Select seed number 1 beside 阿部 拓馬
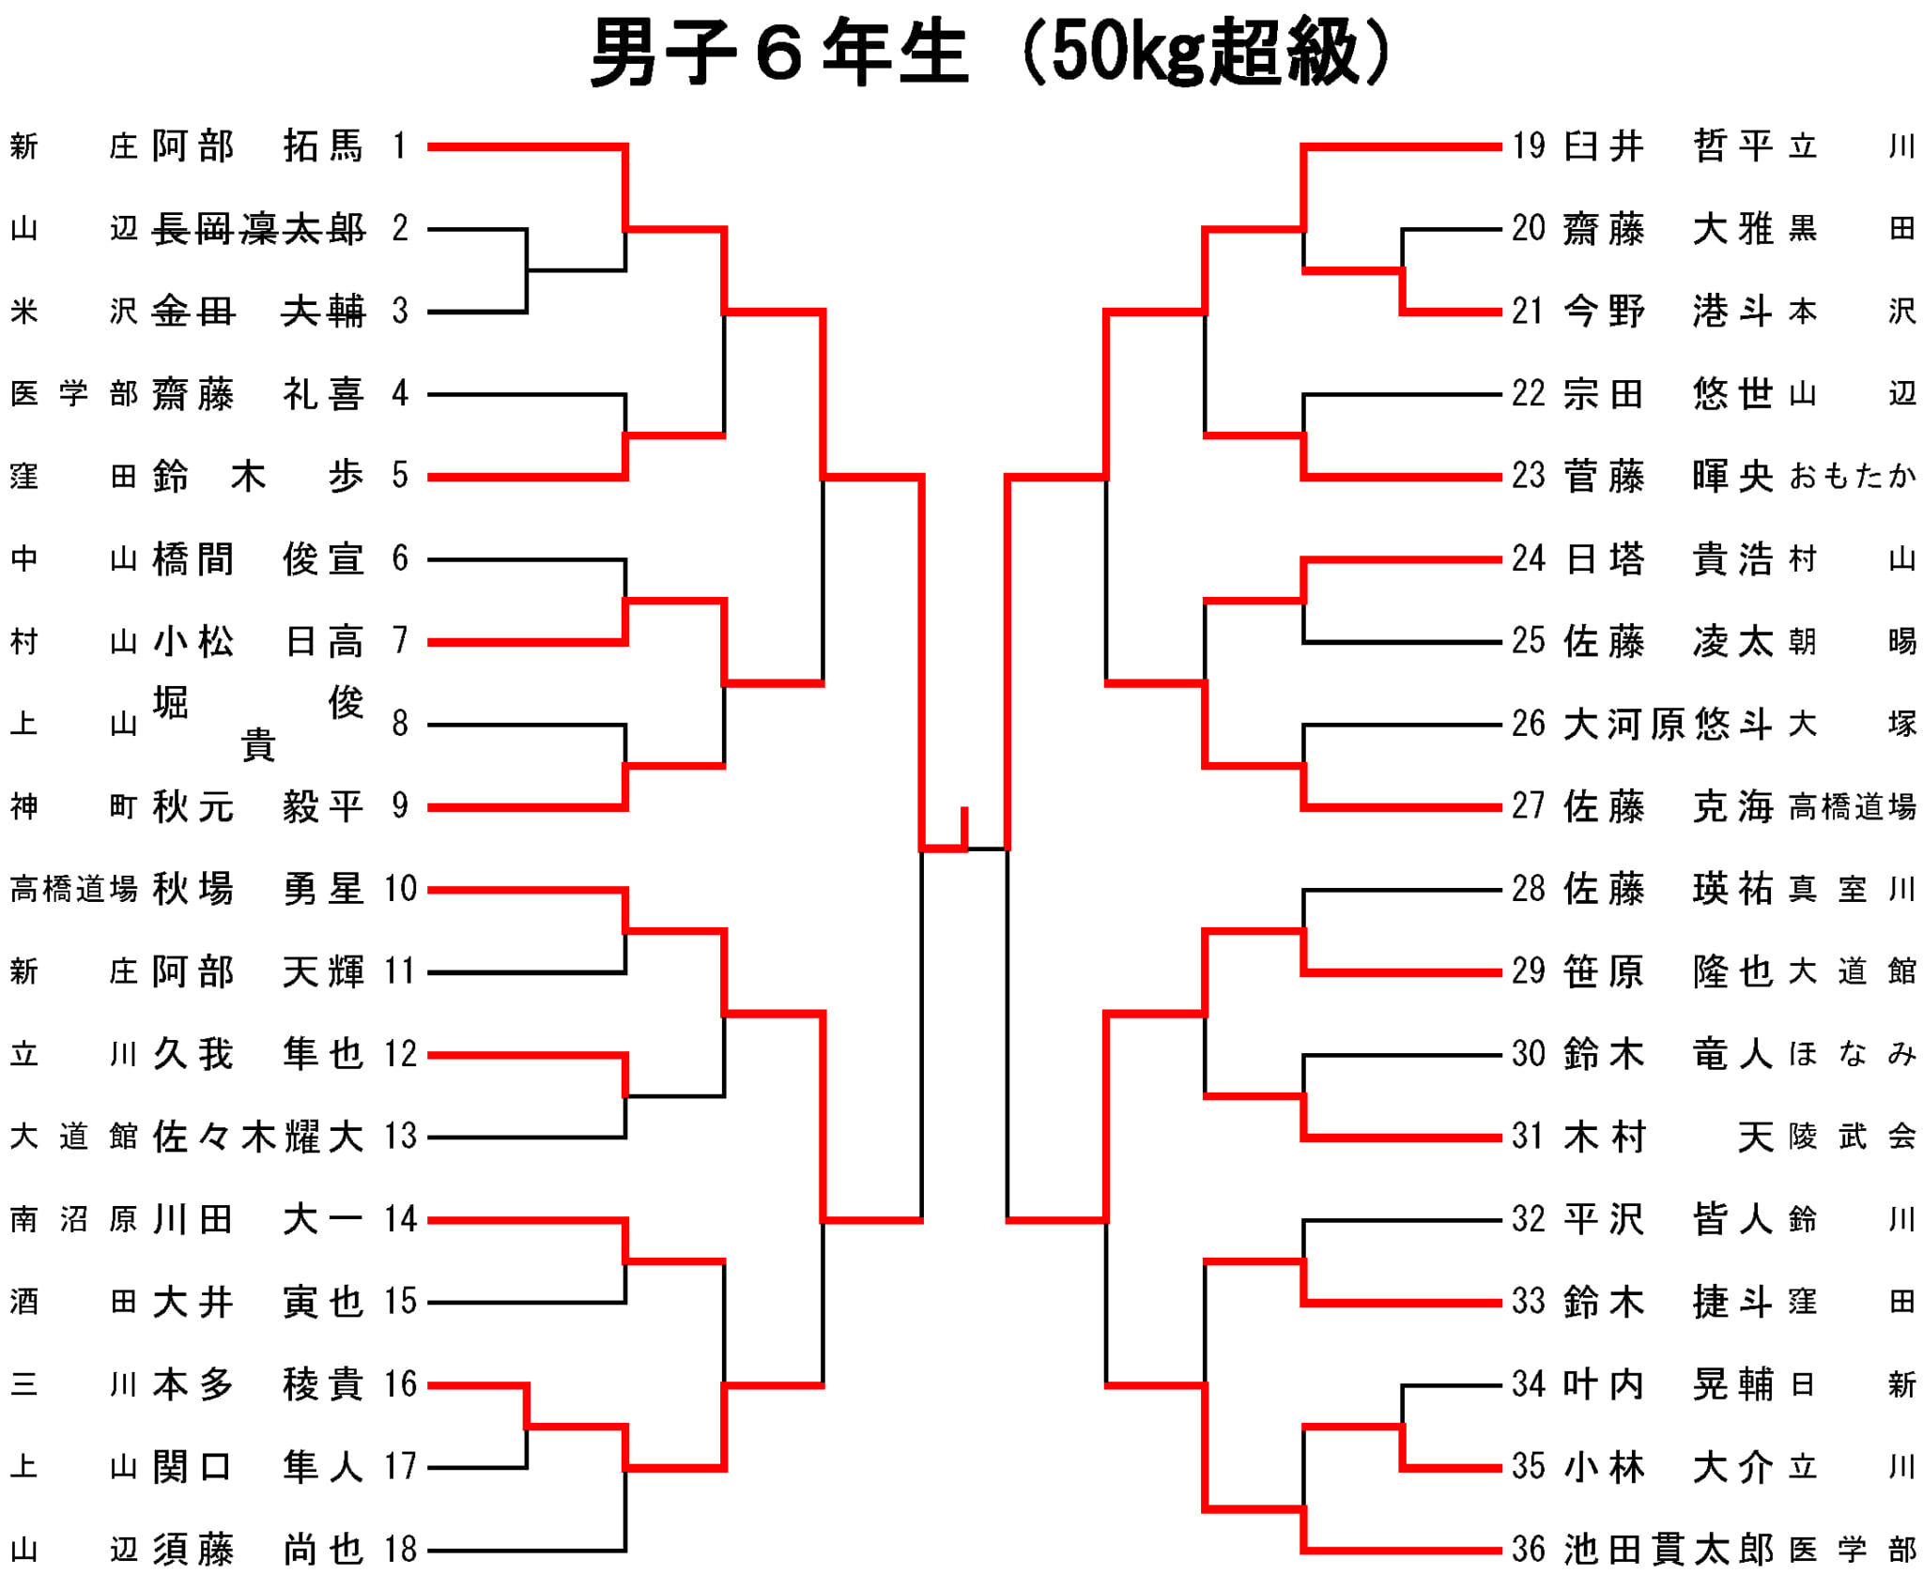pyautogui.click(x=400, y=146)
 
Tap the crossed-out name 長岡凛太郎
pyautogui.click(x=258, y=229)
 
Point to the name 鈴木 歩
pyautogui.click(x=258, y=477)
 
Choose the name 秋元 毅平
pyautogui.click(x=258, y=807)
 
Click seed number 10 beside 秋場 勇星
pyautogui.click(x=400, y=889)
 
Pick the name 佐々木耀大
pyautogui.click(x=258, y=1137)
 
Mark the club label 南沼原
pyautogui.click(x=74, y=1219)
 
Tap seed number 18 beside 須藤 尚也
pyautogui.click(x=400, y=1550)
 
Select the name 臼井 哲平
pyautogui.click(x=1669, y=146)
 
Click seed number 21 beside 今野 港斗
pyautogui.click(x=1528, y=312)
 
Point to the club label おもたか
pyautogui.click(x=1852, y=477)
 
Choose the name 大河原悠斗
pyautogui.click(x=1669, y=725)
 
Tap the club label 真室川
pyautogui.click(x=1852, y=889)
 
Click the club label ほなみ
pyautogui.click(x=1852, y=1054)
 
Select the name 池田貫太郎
pyautogui.click(x=1669, y=1550)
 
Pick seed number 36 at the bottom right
pyautogui.click(x=1528, y=1550)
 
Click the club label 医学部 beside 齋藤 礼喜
pyautogui.click(x=74, y=394)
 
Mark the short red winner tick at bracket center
pyautogui.click(x=964, y=828)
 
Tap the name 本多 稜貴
pyautogui.click(x=258, y=1384)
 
